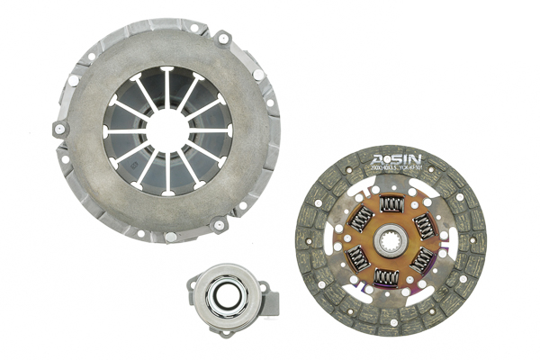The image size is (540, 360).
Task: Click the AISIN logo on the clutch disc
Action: [x=397, y=162]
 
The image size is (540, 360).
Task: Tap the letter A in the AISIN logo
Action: [x=379, y=163]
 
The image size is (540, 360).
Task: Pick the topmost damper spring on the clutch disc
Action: [x=391, y=205]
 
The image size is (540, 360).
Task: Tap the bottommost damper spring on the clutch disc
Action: [x=386, y=276]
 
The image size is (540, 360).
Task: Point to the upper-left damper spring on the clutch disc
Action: [x=360, y=218]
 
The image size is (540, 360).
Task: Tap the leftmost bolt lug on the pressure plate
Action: [x=59, y=129]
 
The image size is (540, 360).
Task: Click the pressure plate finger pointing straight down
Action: [x=167, y=175]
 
